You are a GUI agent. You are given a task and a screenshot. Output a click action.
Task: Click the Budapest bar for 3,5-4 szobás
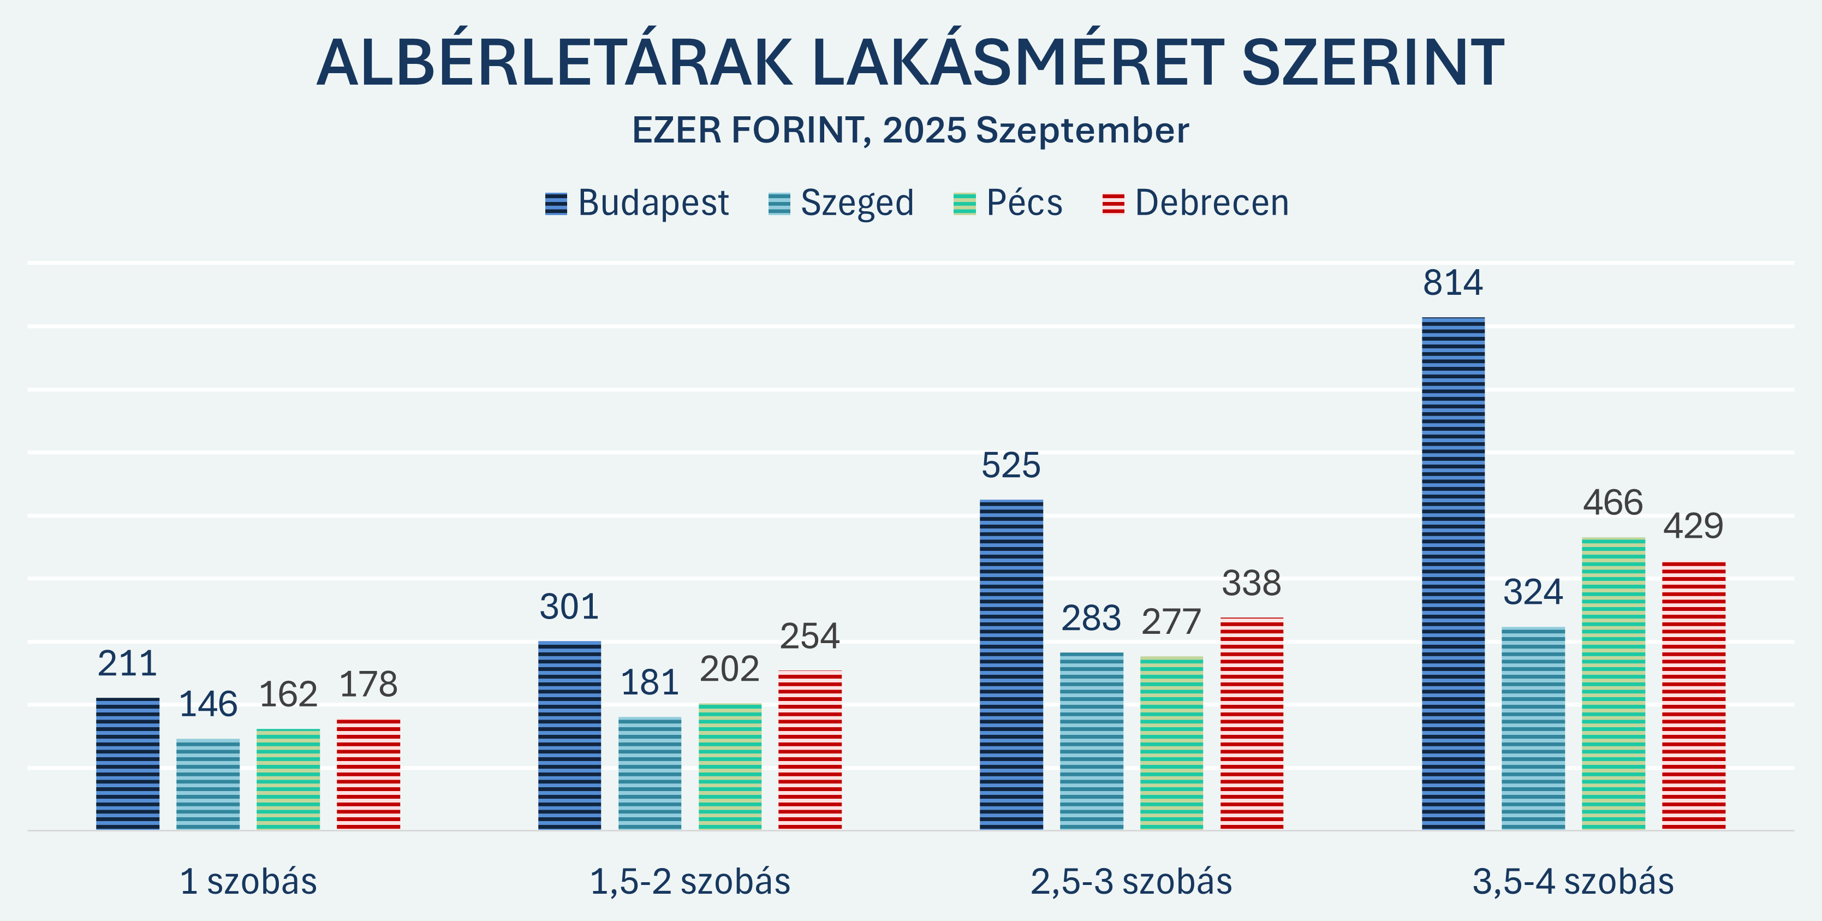point(1453,573)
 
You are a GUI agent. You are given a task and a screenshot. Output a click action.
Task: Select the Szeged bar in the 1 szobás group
point(208,784)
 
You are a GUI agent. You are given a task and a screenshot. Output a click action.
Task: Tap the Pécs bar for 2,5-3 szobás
point(1171,742)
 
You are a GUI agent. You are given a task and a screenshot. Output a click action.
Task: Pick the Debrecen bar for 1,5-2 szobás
point(810,750)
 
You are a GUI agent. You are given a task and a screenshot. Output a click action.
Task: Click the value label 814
point(1453,283)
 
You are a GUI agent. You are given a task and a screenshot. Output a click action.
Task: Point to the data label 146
point(208,705)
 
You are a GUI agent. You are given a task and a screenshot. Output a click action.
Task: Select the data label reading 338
point(1251,584)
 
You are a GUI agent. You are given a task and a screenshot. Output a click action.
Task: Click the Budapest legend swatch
point(556,204)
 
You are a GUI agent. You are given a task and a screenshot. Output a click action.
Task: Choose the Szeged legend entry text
point(856,204)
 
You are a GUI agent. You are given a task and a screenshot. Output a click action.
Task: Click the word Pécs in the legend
point(1024,204)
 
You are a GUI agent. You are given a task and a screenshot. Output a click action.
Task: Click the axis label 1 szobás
point(248,881)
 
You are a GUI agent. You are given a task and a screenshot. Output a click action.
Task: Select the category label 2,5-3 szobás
point(1131,881)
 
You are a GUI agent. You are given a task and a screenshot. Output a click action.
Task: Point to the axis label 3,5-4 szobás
point(1573,881)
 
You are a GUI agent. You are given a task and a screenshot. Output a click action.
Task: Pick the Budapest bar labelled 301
point(569,736)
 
